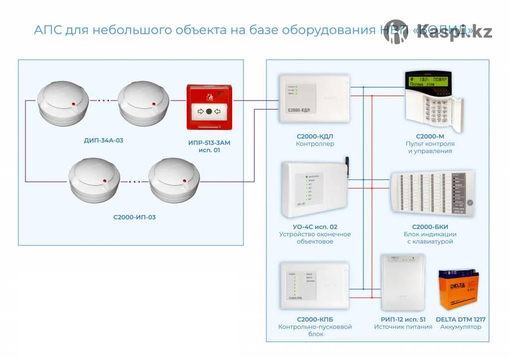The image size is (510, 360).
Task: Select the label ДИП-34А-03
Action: [x=104, y=140]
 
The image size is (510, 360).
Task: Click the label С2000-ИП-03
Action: [x=134, y=217]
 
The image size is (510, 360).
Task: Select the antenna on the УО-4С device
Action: [x=346, y=164]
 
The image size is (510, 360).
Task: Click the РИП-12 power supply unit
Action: [x=402, y=281]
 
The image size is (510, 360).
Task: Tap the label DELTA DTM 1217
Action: [x=461, y=319]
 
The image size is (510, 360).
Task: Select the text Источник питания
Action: [x=403, y=327]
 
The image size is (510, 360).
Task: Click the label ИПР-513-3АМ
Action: [x=209, y=142]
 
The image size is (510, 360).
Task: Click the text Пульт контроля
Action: [x=430, y=143]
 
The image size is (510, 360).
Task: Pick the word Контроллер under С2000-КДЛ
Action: [x=315, y=144]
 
